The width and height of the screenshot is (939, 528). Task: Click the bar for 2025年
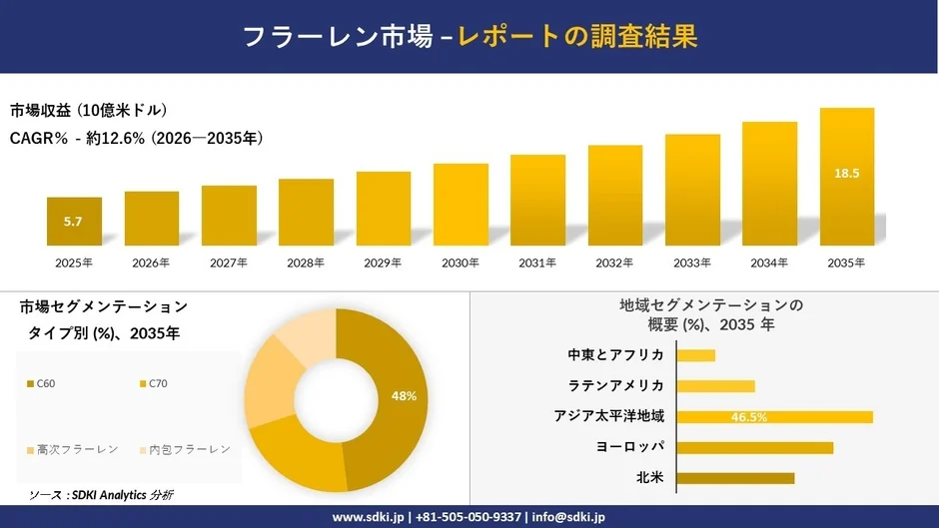click(74, 222)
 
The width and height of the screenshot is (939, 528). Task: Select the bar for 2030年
click(461, 205)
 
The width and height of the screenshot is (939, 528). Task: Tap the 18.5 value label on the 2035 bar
click(846, 174)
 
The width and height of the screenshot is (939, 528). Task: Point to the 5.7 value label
click(73, 222)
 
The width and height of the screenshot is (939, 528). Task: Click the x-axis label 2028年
click(306, 264)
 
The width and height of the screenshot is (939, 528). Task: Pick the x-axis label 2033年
click(692, 264)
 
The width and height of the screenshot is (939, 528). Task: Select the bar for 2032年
click(614, 196)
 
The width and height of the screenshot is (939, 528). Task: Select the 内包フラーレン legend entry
click(184, 450)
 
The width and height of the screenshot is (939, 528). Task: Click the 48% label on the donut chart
click(404, 396)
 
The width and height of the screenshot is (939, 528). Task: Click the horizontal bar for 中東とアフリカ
click(696, 355)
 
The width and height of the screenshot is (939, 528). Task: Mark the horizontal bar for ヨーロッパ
click(754, 447)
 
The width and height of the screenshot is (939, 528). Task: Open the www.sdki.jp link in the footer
click(368, 517)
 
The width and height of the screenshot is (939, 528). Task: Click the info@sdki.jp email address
click(567, 517)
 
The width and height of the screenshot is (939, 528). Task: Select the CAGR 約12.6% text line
click(137, 139)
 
